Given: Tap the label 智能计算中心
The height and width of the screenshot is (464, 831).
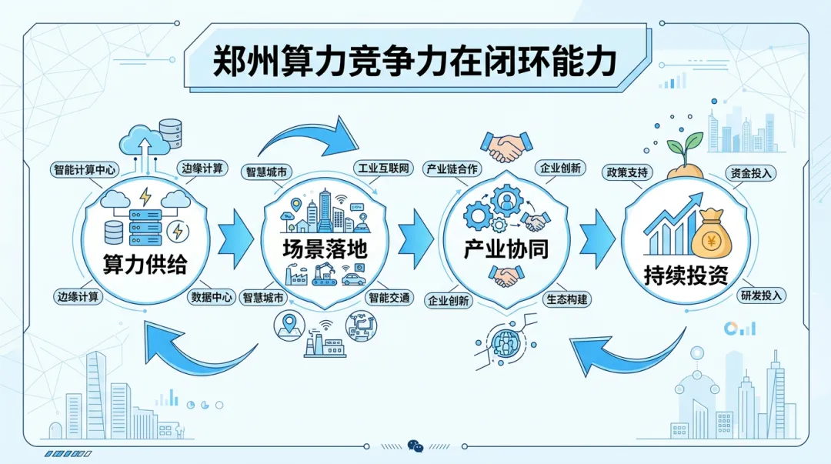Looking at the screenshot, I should coord(87,169).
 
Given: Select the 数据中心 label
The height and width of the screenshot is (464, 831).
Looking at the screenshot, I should coord(211,297).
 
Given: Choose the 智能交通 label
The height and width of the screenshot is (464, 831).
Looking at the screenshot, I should coord(389,297).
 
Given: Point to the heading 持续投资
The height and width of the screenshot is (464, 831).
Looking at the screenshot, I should coord(686,275).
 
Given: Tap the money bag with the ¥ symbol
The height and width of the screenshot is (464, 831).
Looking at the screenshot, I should coord(711,235).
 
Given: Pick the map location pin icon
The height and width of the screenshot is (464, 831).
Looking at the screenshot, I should coord(290,324).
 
